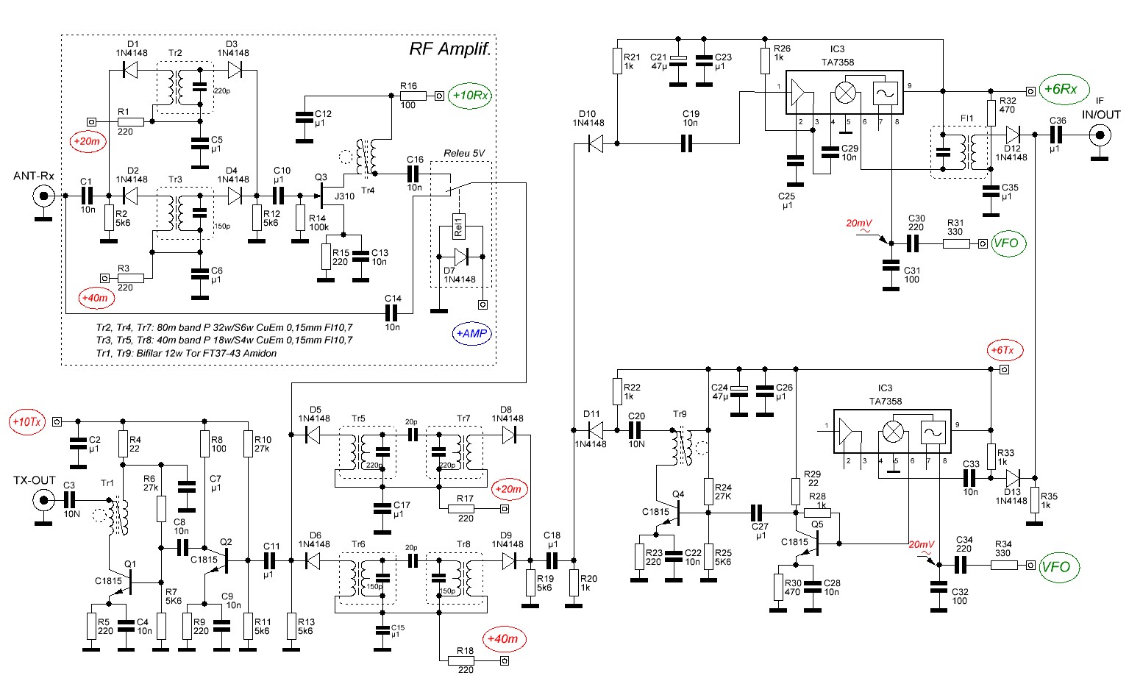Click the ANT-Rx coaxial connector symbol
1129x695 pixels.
44,196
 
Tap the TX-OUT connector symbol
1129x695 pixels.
43,502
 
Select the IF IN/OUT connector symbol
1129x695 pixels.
1100,135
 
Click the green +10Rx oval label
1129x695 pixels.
471,96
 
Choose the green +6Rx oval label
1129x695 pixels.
1064,89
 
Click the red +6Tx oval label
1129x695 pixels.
1005,350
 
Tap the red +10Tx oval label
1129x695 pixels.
27,422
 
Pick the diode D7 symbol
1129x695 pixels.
460,257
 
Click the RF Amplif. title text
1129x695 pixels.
449,49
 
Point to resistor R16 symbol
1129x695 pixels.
413,96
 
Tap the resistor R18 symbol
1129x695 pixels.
465,661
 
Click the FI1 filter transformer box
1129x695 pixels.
960,152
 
